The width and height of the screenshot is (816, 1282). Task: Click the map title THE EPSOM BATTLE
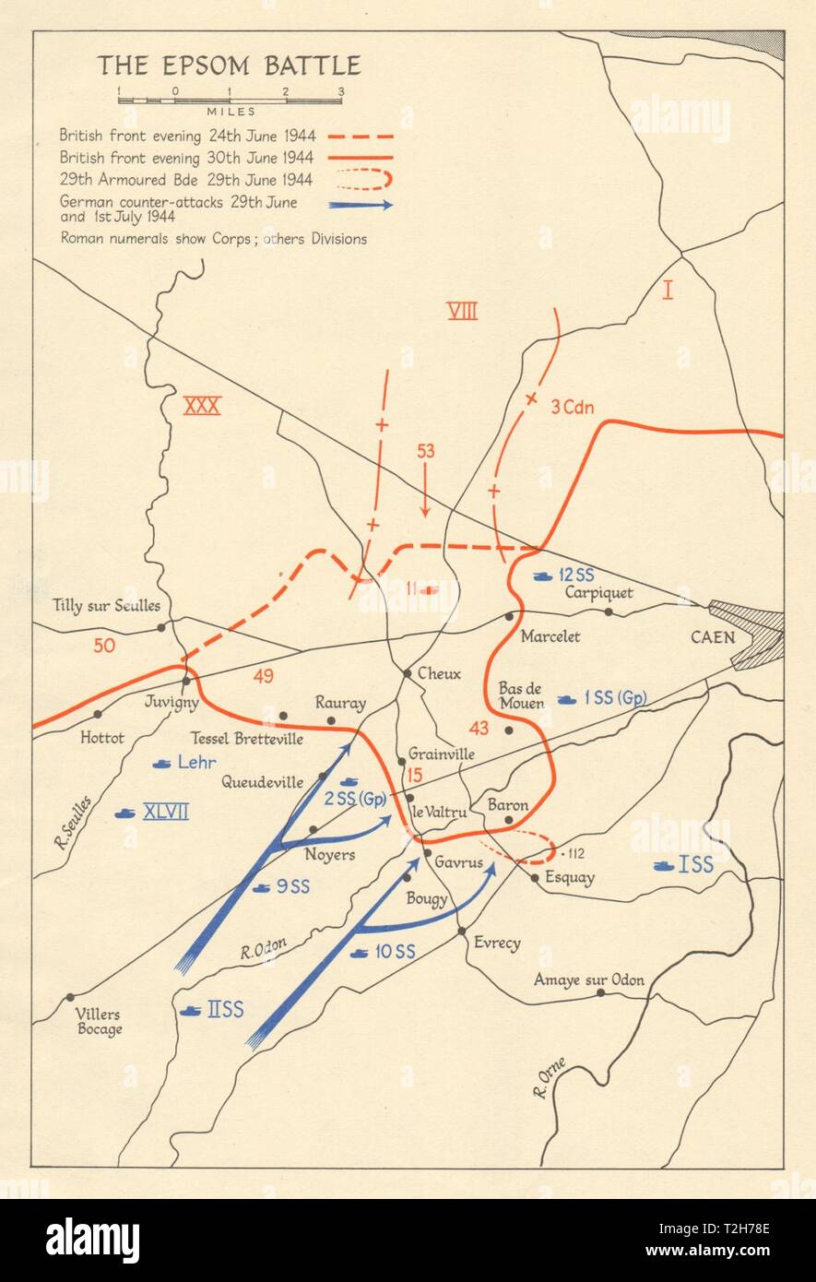(x=230, y=65)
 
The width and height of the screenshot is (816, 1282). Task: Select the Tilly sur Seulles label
(x=106, y=606)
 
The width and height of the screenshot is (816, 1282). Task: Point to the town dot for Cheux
(x=407, y=673)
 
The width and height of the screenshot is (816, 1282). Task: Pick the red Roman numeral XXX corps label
(x=202, y=406)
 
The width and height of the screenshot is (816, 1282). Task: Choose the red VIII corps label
(x=462, y=311)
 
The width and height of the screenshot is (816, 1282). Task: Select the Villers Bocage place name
(x=99, y=1021)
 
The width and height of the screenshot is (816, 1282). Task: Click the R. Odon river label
(x=264, y=948)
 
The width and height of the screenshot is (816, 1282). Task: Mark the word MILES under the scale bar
(x=231, y=112)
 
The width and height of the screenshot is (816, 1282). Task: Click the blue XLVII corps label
(x=166, y=813)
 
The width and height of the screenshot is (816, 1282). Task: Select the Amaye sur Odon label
(x=589, y=979)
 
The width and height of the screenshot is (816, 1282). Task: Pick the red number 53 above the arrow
(x=425, y=451)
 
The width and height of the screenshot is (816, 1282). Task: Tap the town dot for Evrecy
(x=462, y=931)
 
